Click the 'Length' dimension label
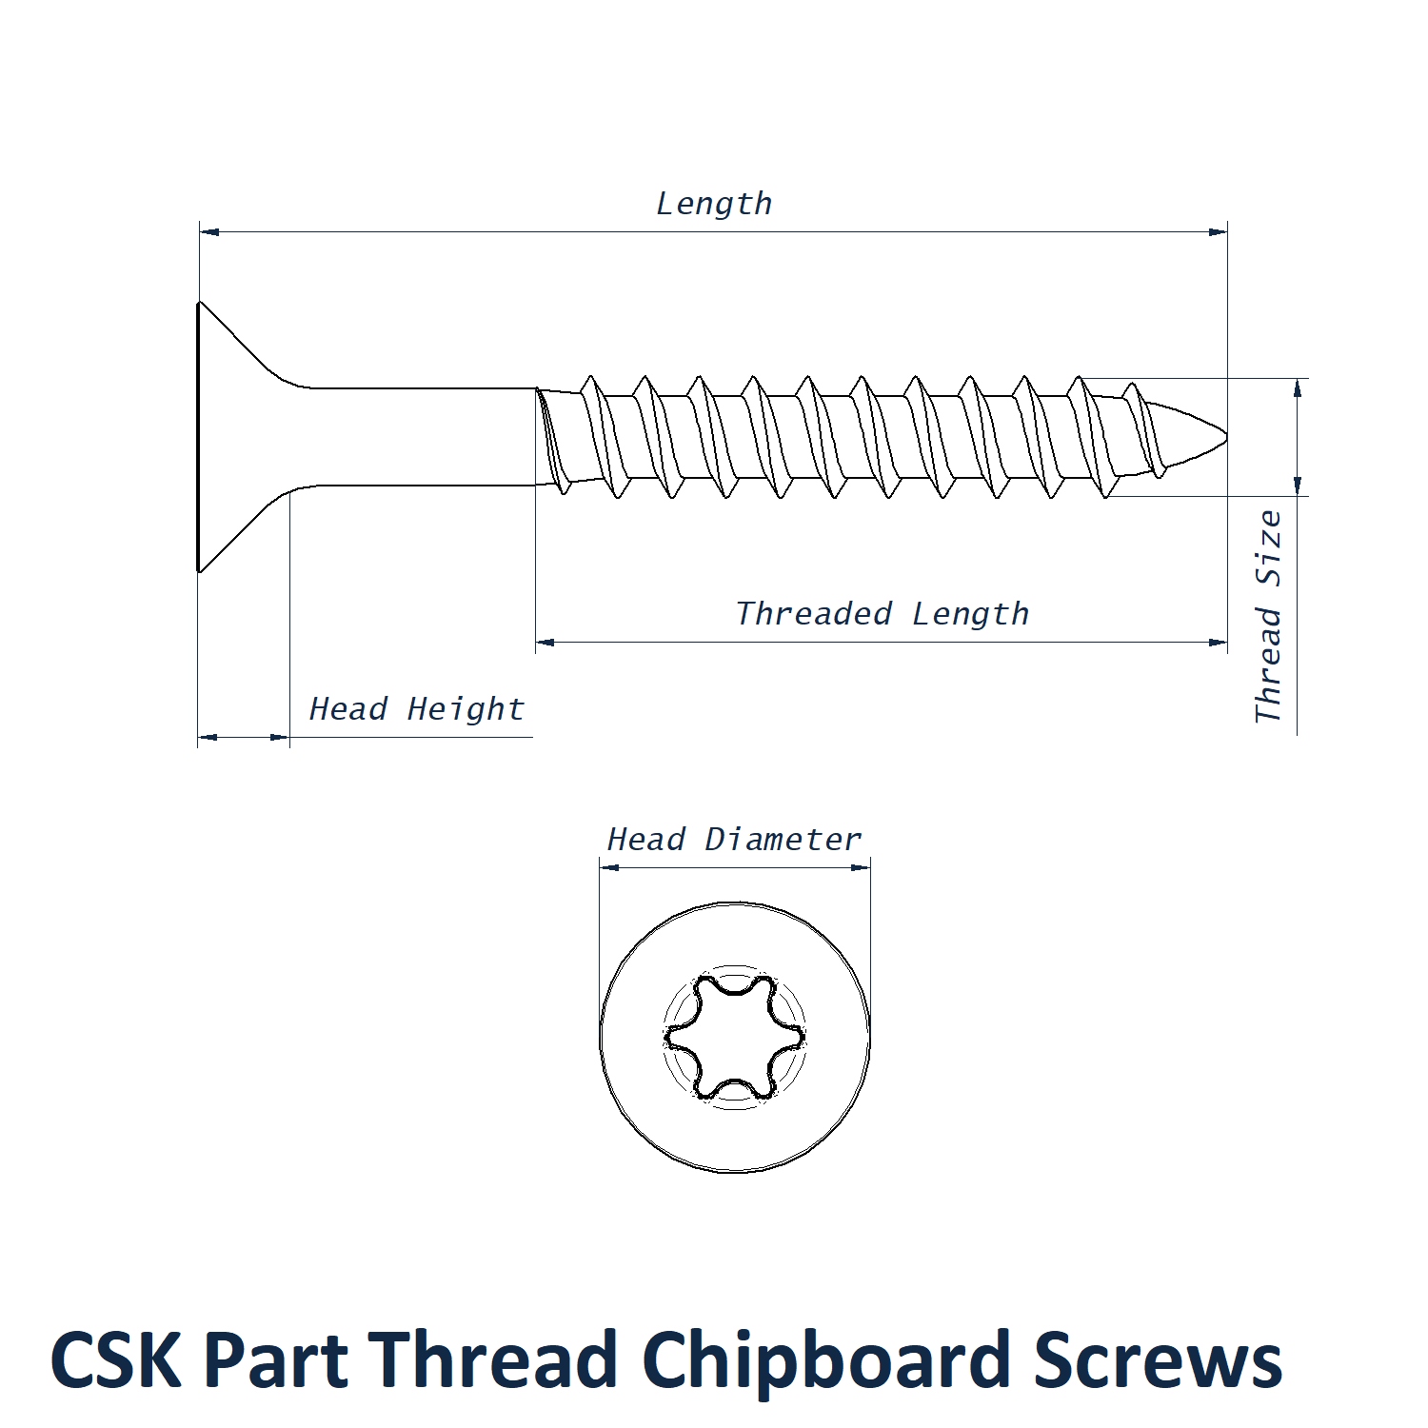point(714,204)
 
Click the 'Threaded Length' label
point(883,614)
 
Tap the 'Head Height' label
point(417,709)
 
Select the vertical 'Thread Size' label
point(1268,617)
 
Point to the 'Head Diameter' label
point(734,840)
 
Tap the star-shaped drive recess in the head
point(734,1036)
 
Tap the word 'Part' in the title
point(276,1359)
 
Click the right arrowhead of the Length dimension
point(1218,231)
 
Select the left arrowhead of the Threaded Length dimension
point(545,643)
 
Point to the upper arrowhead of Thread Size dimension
point(1297,387)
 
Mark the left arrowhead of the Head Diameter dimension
point(609,867)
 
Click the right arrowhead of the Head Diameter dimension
point(861,867)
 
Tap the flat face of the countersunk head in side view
point(199,437)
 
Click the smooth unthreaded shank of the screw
point(419,437)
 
